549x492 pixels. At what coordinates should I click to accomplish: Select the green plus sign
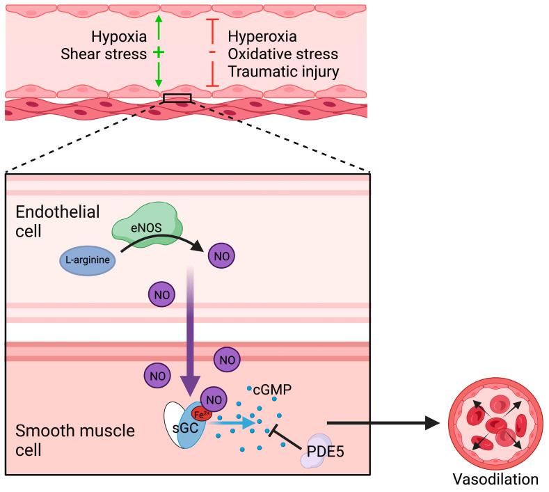tap(159, 52)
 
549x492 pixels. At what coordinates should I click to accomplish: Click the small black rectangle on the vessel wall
tap(177, 98)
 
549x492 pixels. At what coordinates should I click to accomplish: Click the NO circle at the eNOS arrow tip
tap(221, 256)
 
